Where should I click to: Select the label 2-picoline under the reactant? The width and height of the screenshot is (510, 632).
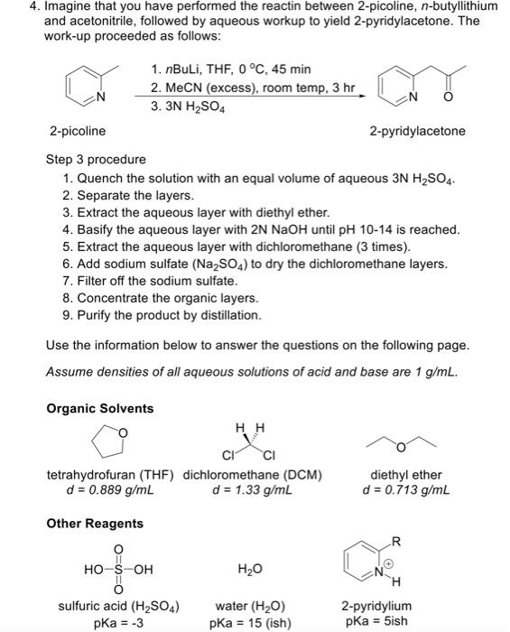click(x=77, y=131)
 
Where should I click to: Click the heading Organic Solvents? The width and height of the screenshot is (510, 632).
click(x=100, y=408)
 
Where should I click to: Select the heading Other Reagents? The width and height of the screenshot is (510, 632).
click(x=95, y=524)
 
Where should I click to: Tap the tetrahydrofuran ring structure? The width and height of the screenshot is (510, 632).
click(x=109, y=443)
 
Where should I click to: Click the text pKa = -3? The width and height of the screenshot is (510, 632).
click(x=120, y=622)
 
